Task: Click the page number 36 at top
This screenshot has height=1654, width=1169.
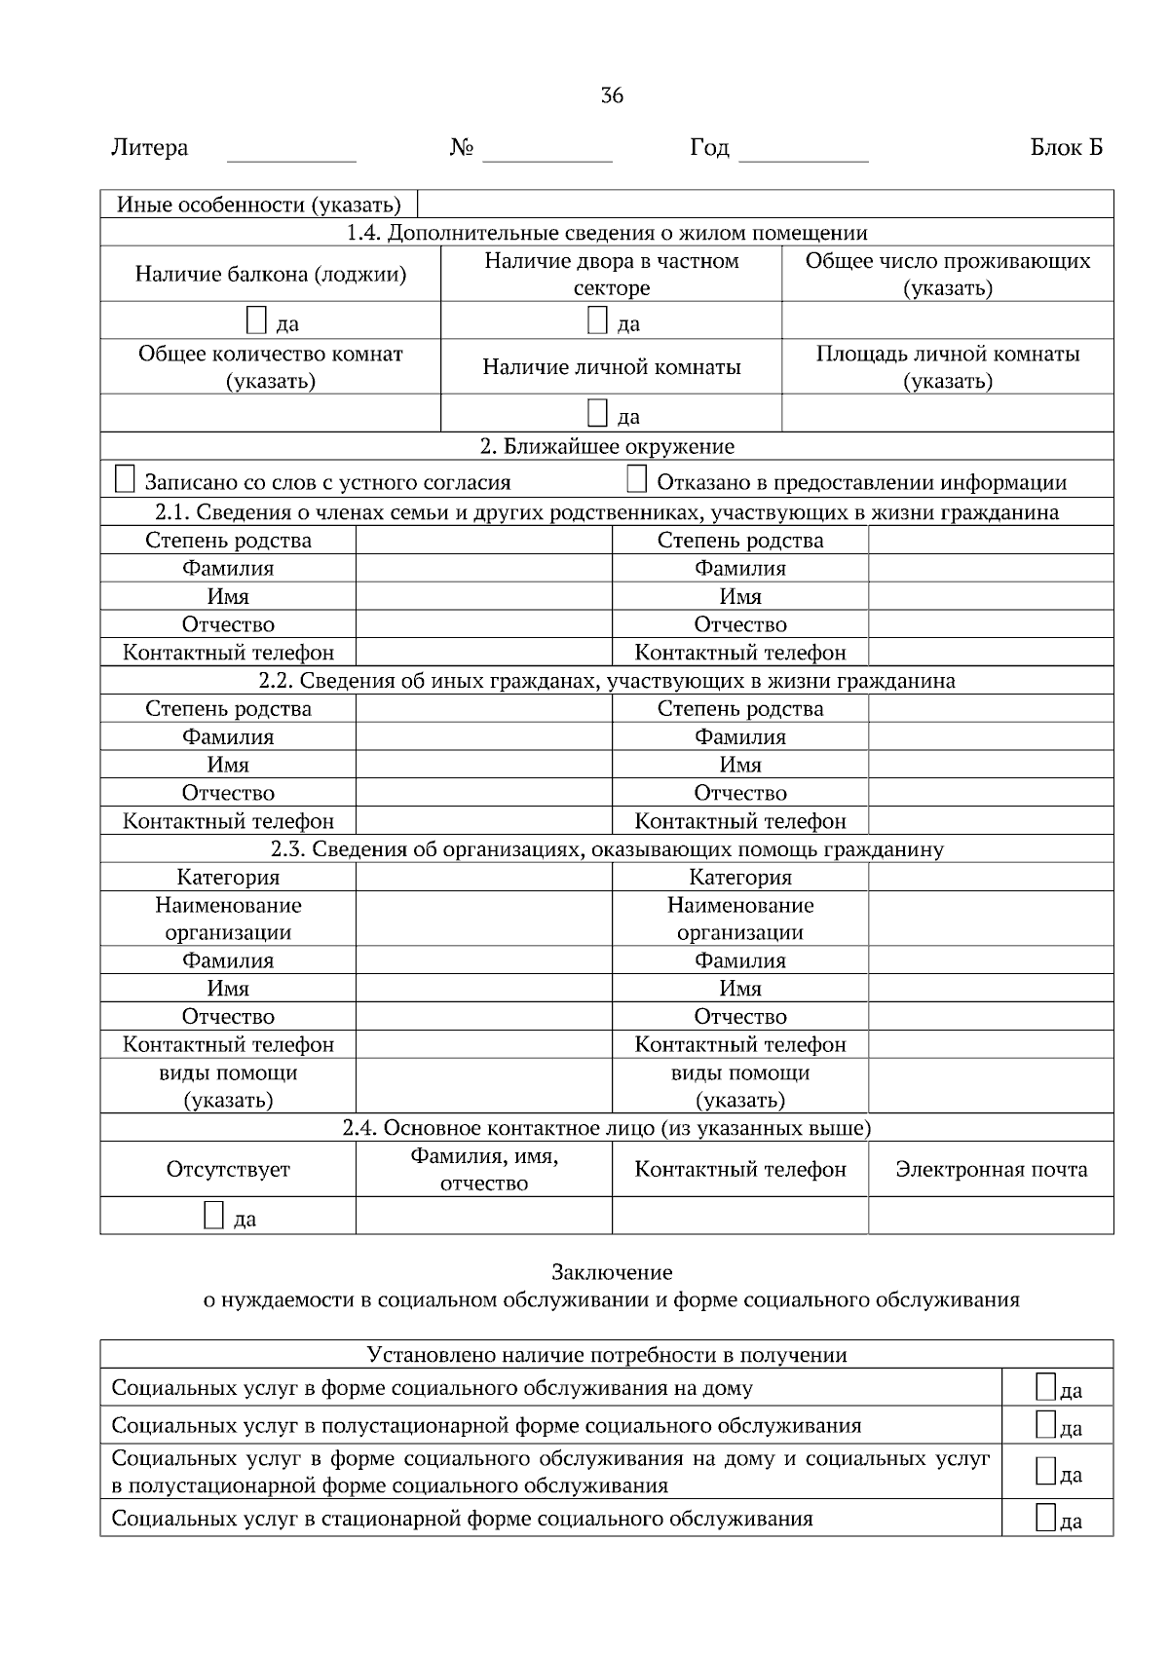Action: tap(612, 95)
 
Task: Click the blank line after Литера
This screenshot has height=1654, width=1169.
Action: tap(291, 151)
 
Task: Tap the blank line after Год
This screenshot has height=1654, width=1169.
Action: tap(804, 151)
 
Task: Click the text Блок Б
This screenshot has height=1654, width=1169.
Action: tap(1067, 148)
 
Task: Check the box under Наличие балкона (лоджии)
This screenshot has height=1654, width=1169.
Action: tap(255, 320)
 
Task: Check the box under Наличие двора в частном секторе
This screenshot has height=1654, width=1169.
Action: tap(597, 320)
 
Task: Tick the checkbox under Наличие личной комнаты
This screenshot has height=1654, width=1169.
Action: tap(597, 413)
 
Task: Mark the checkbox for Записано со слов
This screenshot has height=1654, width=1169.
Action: tap(125, 479)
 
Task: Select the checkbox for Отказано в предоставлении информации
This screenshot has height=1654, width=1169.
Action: tap(636, 479)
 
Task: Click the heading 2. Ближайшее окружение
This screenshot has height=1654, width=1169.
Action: tap(607, 447)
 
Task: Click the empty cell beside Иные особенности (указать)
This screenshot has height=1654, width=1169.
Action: tap(765, 205)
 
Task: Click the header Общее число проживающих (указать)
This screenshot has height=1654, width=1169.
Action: tap(947, 274)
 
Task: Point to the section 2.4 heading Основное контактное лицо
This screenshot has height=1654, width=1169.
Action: tap(606, 1128)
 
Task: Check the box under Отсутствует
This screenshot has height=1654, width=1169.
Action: tap(213, 1215)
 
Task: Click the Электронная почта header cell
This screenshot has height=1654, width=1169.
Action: tap(991, 1169)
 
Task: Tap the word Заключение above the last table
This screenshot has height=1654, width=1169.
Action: tap(612, 1272)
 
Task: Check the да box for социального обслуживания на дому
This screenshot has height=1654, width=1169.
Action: tap(1045, 1387)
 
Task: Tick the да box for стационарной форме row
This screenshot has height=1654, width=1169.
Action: tap(1045, 1517)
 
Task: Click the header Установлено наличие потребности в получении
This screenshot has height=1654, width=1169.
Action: tap(606, 1355)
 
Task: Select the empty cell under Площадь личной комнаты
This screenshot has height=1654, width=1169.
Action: tap(947, 413)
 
